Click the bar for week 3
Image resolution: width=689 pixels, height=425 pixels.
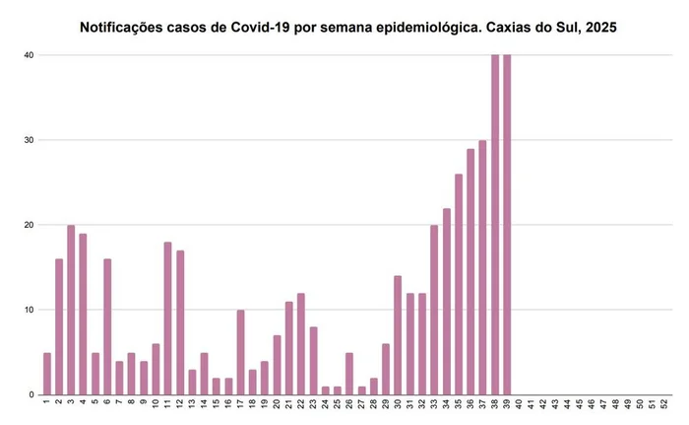point(71,310)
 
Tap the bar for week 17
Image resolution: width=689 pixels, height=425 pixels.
point(241,352)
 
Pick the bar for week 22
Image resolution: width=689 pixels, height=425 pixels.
point(301,344)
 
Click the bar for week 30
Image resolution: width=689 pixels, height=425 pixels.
point(398,335)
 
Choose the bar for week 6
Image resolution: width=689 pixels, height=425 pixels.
point(107,326)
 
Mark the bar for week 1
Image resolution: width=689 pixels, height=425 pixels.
point(46,374)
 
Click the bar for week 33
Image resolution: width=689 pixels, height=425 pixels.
point(434,310)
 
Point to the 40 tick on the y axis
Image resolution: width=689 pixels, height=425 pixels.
point(29,55)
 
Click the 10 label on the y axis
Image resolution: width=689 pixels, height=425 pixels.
point(29,310)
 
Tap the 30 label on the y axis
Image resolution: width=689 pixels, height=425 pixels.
point(29,140)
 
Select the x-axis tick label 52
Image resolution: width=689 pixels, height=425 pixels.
point(664,404)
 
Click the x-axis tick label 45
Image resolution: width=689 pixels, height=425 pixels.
point(580,404)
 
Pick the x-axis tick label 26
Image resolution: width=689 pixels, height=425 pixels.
point(349,404)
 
